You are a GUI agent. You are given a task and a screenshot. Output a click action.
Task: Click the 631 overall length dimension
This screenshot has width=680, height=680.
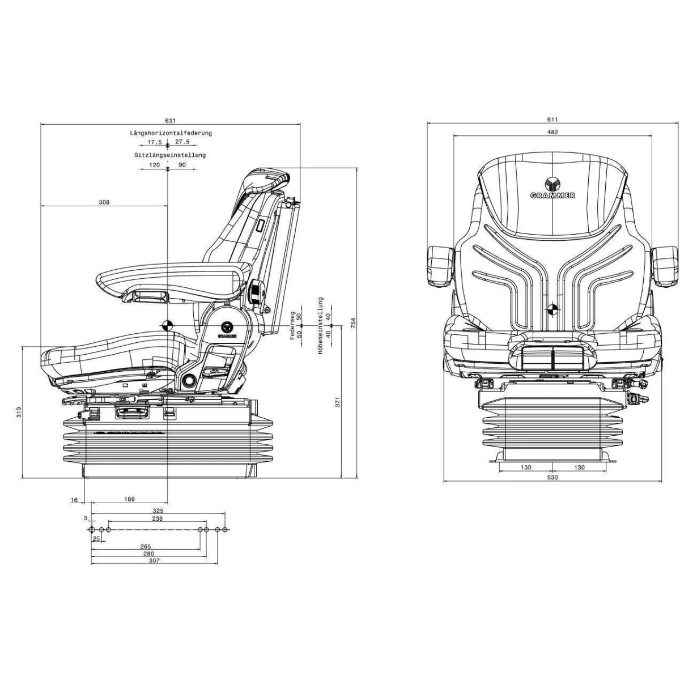pyautogui.click(x=171, y=120)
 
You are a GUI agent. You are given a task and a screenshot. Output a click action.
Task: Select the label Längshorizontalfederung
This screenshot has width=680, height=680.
pyautogui.click(x=171, y=133)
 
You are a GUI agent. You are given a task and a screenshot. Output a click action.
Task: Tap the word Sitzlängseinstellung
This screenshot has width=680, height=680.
pyautogui.click(x=170, y=155)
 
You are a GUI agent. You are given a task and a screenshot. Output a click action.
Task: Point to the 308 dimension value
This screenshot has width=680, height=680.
pyautogui.click(x=103, y=202)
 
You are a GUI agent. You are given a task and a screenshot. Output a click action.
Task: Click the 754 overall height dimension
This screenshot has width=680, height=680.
pyautogui.click(x=353, y=323)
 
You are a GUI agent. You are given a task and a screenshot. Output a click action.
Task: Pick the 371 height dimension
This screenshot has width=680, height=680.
pyautogui.click(x=338, y=402)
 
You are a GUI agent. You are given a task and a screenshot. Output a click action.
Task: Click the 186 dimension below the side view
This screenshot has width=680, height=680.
pyautogui.click(x=129, y=499)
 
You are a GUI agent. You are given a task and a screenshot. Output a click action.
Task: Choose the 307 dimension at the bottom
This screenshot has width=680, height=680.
pyautogui.click(x=154, y=560)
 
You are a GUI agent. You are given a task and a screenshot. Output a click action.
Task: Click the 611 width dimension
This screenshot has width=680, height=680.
pyautogui.click(x=552, y=120)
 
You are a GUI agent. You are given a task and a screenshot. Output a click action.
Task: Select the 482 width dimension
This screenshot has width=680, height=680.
pyautogui.click(x=552, y=133)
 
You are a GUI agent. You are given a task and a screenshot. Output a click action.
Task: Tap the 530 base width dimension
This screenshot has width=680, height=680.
pyautogui.click(x=552, y=478)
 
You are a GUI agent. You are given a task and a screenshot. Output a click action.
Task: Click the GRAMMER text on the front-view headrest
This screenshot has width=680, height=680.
pyautogui.click(x=552, y=195)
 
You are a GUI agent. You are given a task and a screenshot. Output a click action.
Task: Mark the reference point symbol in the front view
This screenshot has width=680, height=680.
pyautogui.click(x=552, y=309)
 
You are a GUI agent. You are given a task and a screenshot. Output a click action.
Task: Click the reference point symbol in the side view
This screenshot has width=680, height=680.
pyautogui.click(x=167, y=326)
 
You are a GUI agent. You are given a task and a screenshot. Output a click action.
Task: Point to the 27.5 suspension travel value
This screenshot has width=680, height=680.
pyautogui.click(x=182, y=142)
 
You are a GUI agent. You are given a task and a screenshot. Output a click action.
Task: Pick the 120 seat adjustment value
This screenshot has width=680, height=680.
pyautogui.click(x=154, y=165)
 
